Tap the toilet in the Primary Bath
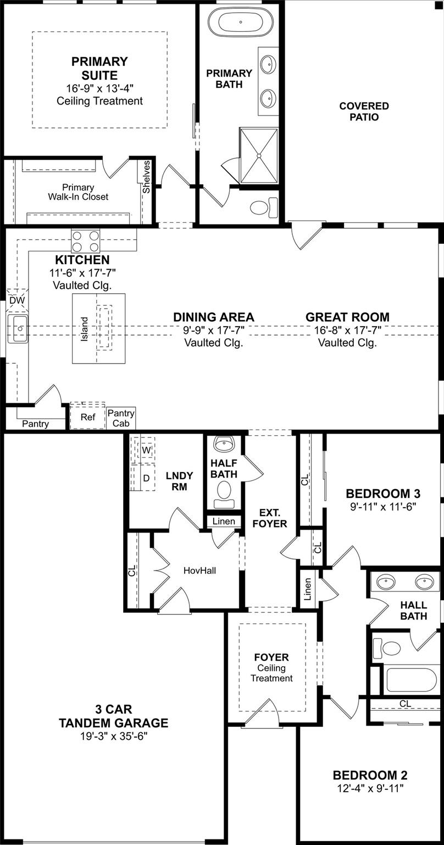coord(264,207)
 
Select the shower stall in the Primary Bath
coord(259,156)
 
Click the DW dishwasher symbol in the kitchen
coord(17,300)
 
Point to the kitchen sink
coord(18,329)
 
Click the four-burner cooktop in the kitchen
coord(86,242)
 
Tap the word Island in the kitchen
coord(85,329)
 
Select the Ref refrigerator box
coord(87,416)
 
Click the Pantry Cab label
coord(121,418)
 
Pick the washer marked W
coord(146,449)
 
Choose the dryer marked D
coord(146,478)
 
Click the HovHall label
coord(200,570)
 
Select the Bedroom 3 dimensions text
coord(383,507)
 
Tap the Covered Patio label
coord(364,111)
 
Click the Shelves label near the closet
coord(146,177)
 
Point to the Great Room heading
coord(347,317)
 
